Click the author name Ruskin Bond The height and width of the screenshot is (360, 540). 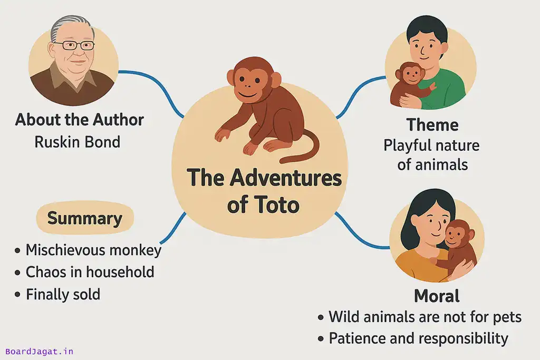click(77, 142)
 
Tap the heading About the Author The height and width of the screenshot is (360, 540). click(79, 120)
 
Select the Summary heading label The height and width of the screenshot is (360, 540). click(84, 218)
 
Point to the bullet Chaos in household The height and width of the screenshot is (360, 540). click(90, 272)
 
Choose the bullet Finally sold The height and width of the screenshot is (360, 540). click(63, 294)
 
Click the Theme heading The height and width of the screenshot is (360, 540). click(432, 125)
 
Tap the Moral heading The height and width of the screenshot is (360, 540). click(436, 296)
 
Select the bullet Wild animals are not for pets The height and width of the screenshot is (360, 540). click(425, 317)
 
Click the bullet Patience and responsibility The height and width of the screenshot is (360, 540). click(418, 338)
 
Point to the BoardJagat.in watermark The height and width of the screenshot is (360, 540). click(40, 351)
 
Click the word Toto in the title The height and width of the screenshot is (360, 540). click(278, 205)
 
